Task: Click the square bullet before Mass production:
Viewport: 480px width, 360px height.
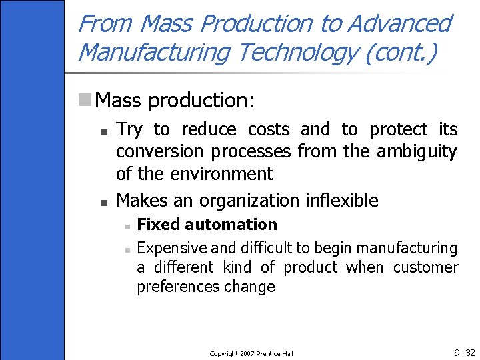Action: (85, 101)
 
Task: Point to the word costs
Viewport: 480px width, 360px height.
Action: (269, 129)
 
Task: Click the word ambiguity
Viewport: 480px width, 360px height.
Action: (417, 151)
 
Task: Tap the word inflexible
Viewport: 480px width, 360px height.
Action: (342, 200)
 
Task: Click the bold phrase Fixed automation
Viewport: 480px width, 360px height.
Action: (207, 225)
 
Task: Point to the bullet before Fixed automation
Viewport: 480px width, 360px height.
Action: (126, 226)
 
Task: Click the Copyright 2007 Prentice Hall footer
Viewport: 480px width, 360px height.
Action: (251, 353)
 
